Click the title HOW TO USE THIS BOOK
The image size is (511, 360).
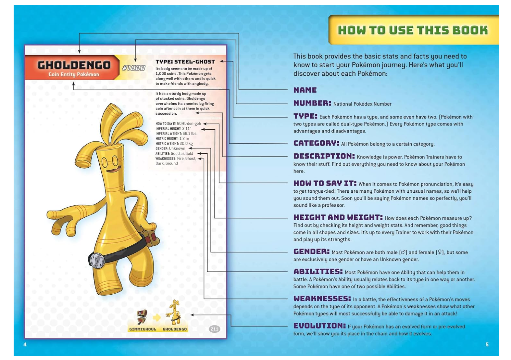413,30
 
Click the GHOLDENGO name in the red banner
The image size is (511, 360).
74,65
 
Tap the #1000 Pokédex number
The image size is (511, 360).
133,68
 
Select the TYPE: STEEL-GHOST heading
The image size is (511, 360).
185,62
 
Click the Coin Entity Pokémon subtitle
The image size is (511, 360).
74,74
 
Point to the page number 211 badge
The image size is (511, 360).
214,329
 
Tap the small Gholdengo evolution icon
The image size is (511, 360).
174,313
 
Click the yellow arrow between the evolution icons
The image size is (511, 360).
157,318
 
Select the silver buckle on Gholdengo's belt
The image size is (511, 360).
95,260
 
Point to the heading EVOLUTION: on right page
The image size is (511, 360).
319,326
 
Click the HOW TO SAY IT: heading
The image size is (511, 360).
325,183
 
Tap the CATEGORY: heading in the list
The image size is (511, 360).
316,143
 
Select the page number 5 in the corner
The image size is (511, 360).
487,344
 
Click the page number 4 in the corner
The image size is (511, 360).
25,344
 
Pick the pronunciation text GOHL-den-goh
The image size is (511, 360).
189,123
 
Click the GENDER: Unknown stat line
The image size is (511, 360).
170,148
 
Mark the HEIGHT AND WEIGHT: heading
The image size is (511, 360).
338,217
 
